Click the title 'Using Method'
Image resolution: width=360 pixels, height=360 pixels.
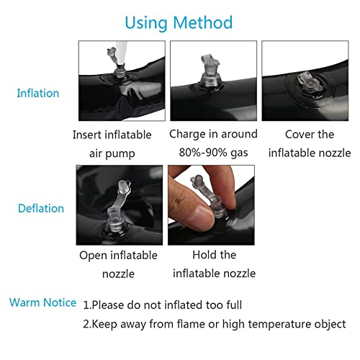click(179, 23)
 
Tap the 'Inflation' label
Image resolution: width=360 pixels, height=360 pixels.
click(38, 93)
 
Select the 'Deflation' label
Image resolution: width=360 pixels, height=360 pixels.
click(41, 208)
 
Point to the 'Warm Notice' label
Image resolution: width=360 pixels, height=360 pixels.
click(42, 302)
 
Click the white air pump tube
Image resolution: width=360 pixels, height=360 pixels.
click(121, 53)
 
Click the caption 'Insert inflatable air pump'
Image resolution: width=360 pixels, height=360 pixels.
click(112, 144)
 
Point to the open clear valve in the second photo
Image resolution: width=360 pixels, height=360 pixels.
click(210, 72)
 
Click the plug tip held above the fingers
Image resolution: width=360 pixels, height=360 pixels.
click(198, 181)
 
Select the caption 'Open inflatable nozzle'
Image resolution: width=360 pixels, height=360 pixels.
click(118, 264)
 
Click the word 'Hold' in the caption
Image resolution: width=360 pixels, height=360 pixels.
click(202, 255)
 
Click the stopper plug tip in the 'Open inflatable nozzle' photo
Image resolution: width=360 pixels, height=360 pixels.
click(123, 185)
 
